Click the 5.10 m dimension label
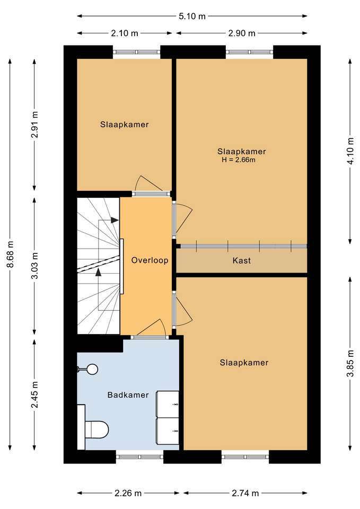point(192,16)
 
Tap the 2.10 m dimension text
point(125,33)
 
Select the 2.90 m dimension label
point(242,33)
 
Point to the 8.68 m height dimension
point(10,254)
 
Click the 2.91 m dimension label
point(35,125)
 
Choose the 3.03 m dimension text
point(35,266)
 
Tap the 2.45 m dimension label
point(35,394)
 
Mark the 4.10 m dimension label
point(350,151)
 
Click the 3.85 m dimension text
point(350,364)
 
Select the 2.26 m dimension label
point(128,493)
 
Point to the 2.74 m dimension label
point(245,493)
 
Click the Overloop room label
point(150,260)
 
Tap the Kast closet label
point(242,260)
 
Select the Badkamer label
point(128,394)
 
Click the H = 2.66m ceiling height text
point(239,160)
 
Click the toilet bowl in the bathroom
point(96,429)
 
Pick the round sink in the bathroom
point(91,369)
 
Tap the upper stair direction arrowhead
point(115,220)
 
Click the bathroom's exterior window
point(139,457)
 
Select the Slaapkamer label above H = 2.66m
point(242,151)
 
